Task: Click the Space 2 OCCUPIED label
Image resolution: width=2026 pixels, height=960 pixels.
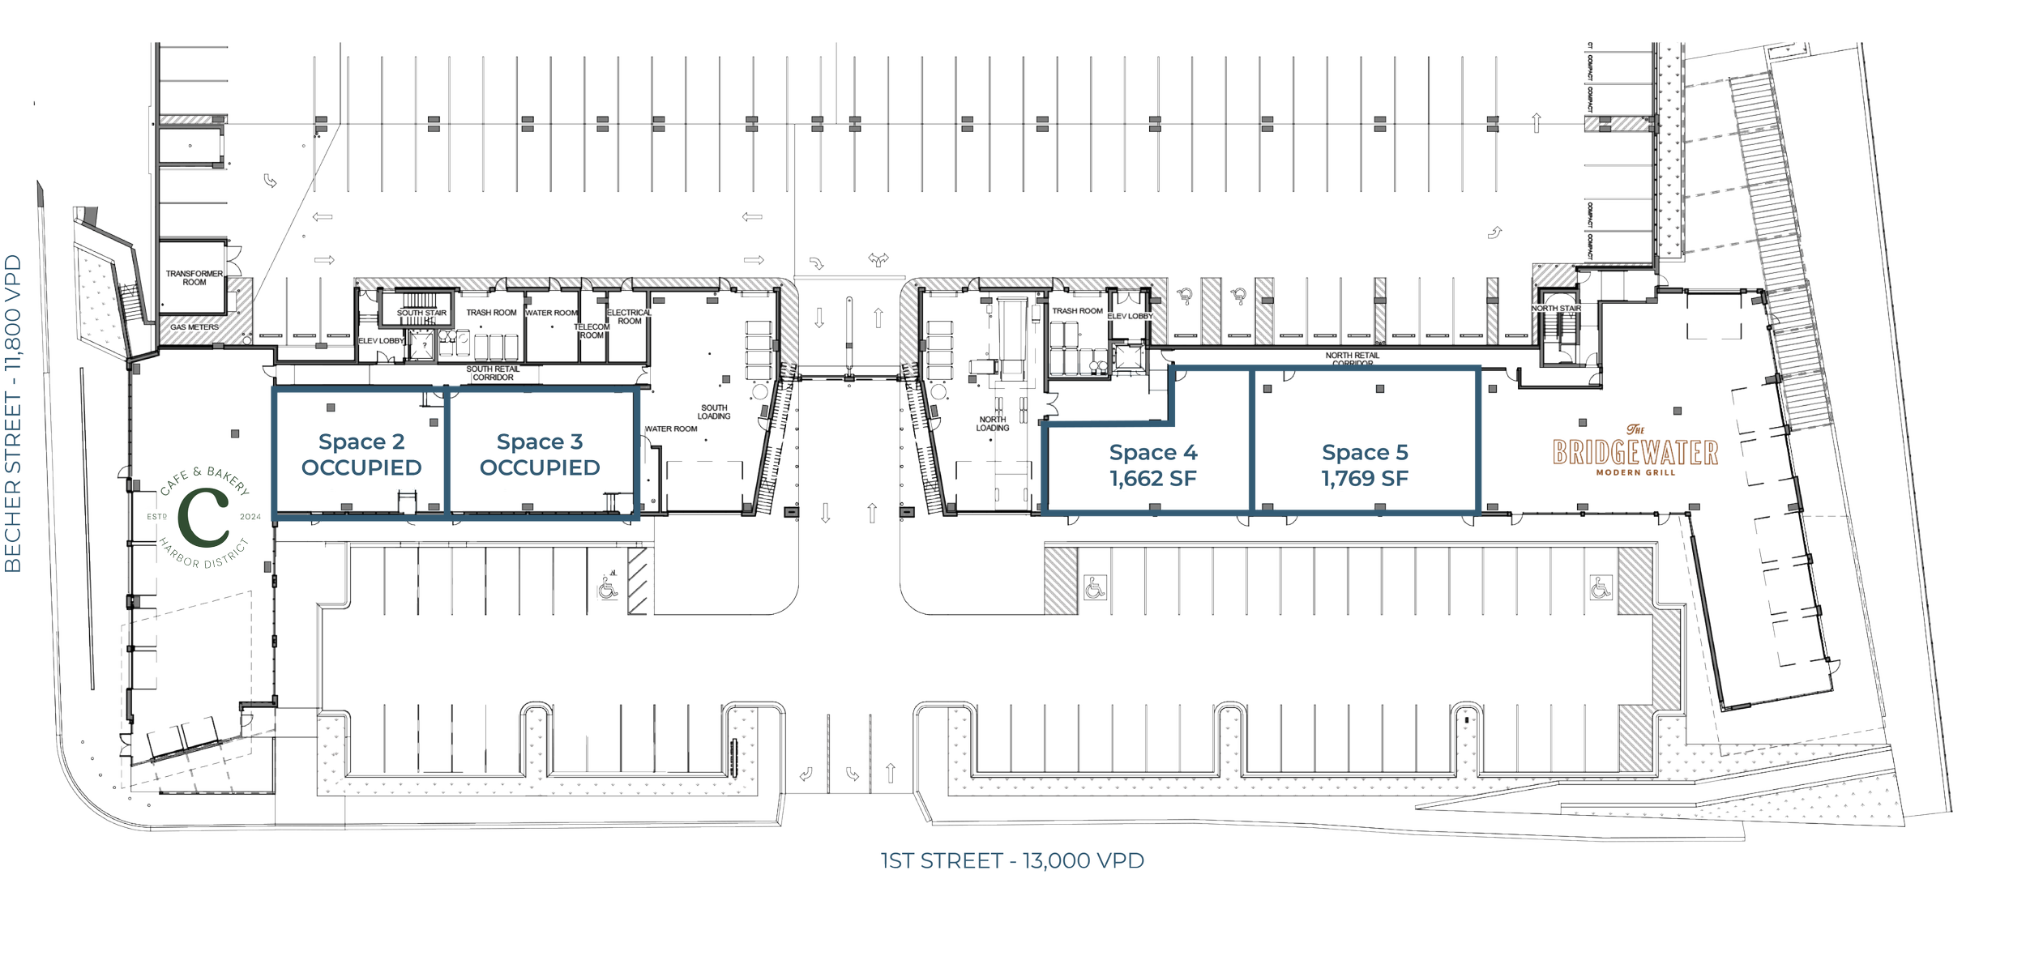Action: pos(361,455)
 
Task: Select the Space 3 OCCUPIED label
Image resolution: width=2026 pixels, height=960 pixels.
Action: pos(540,455)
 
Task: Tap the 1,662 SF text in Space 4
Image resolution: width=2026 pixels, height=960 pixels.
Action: pos(1153,479)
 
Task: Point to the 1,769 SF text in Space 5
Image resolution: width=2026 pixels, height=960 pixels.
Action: pos(1365,479)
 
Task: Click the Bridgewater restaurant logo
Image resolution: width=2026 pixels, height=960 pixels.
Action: pos(1635,453)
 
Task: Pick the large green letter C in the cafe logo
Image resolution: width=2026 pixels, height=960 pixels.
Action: pos(204,517)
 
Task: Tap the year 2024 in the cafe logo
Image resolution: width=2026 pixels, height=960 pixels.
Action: pos(250,517)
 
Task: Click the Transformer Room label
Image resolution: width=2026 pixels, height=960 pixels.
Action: pos(194,278)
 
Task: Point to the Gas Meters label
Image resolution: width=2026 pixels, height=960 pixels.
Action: pos(194,327)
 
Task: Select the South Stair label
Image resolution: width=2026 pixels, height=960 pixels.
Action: pos(421,313)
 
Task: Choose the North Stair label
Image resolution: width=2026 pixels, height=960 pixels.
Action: pos(1556,309)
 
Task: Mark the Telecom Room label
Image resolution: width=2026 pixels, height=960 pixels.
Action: pos(592,331)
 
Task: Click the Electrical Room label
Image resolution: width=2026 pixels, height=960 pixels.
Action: pos(629,317)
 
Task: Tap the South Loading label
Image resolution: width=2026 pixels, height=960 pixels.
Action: pos(714,412)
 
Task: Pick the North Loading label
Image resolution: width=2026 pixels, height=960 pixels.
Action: pos(993,424)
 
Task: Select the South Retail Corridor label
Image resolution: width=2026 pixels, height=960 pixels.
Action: pos(493,373)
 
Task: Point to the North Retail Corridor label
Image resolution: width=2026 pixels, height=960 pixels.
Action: pos(1353,358)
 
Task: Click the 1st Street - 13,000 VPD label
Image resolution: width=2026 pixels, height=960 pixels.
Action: pos(1012,861)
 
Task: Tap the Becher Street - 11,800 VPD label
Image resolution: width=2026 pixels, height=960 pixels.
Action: pos(15,413)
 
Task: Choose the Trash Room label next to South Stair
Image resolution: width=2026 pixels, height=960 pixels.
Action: pos(491,313)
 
